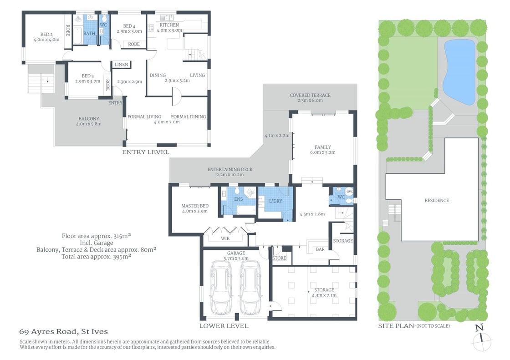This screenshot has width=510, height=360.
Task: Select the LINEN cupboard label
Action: coord(122,64)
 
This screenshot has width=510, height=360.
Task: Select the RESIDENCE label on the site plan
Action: coord(436,200)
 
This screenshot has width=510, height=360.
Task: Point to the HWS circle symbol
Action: coord(349,192)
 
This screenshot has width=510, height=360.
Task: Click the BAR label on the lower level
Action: coord(321,249)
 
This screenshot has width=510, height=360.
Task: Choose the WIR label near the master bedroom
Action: coord(225,238)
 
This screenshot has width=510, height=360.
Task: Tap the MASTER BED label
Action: coord(194,205)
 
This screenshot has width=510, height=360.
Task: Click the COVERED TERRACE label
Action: coord(310,95)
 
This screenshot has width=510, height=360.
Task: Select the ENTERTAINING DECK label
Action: coord(230,169)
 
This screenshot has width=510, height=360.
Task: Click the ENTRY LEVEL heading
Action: coord(145,152)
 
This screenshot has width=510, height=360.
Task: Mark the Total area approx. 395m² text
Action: coord(96,256)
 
